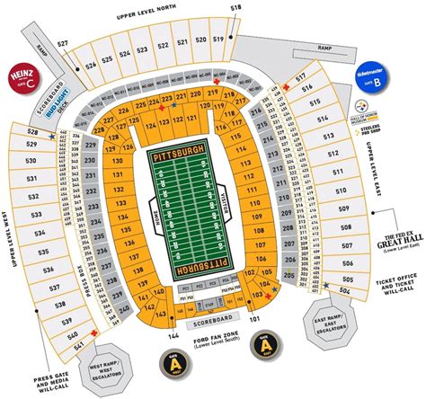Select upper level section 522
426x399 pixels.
click(x=163, y=43)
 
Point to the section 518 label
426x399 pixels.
click(x=235, y=8)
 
